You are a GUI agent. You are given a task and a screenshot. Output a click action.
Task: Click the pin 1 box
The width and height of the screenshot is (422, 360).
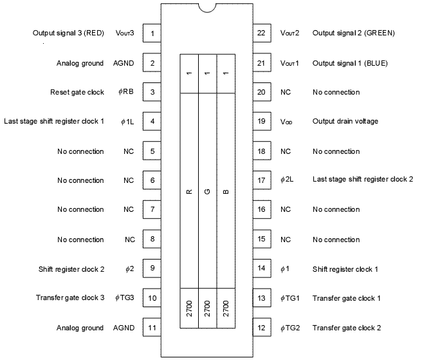152,33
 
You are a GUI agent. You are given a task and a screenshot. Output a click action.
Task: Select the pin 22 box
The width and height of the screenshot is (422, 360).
261,33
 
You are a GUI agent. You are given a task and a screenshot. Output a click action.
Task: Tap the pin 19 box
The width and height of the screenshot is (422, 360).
261,121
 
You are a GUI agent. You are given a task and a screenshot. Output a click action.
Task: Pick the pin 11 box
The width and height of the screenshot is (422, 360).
152,328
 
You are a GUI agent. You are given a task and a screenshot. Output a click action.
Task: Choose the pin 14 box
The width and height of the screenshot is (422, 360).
261,269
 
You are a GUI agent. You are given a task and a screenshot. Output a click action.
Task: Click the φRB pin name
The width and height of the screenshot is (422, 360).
126,92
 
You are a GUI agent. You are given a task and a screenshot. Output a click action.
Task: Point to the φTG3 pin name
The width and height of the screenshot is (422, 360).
124,298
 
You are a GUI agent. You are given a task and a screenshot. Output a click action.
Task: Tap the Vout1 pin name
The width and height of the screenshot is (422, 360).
289,63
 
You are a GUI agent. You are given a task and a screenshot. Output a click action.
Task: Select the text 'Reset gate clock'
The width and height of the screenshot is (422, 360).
77,92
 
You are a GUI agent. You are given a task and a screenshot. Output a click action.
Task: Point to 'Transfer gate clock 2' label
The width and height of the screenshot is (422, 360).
347,328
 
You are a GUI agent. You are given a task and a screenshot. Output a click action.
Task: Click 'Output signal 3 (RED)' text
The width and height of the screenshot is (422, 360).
68,33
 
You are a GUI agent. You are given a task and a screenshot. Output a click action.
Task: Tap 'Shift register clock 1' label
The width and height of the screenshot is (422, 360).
345,269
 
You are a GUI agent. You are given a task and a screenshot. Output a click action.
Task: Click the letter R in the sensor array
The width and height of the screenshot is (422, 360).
189,192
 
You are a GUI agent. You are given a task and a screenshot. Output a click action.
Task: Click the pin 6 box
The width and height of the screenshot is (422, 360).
152,180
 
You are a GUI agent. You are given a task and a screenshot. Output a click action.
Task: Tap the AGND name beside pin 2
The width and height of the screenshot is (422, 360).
124,63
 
